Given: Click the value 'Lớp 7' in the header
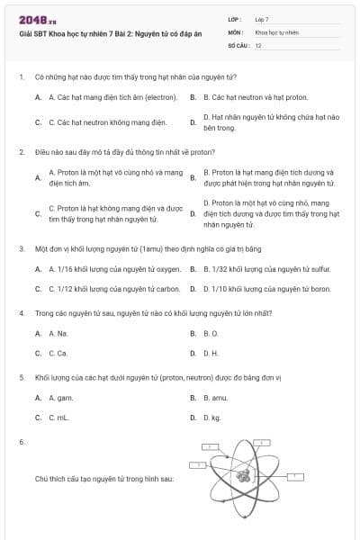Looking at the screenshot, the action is click(x=262, y=18).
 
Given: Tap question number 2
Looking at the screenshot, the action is click(x=21, y=152).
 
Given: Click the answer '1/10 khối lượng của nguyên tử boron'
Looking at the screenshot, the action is click(x=266, y=289).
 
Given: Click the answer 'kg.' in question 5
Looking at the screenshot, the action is click(x=212, y=418).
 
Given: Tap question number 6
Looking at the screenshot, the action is click(x=21, y=442).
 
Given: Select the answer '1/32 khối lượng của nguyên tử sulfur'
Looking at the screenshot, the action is click(x=266, y=268).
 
